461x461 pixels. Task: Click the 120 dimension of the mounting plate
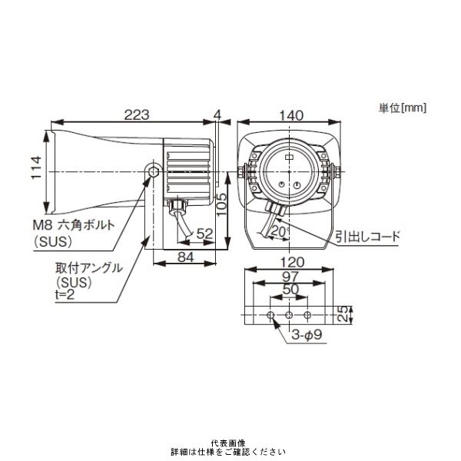tap(290, 263)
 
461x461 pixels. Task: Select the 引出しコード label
tap(367, 237)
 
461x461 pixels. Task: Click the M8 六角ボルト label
tap(75, 226)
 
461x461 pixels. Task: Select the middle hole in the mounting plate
tap(289, 315)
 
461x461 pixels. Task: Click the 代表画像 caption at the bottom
tap(230, 443)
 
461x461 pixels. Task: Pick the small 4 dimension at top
tap(218, 114)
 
